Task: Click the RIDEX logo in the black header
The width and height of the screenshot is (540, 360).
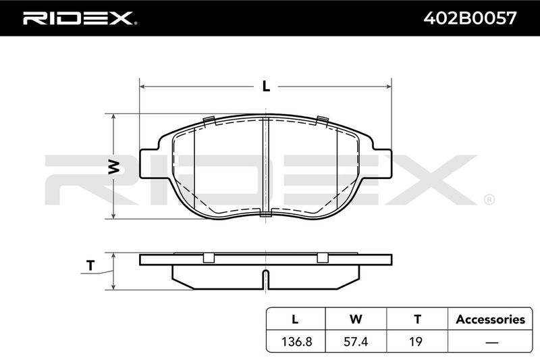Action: click(80, 18)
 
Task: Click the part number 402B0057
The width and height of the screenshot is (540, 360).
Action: click(470, 18)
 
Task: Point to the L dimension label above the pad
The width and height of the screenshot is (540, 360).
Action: click(266, 86)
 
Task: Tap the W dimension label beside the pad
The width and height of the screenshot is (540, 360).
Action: click(114, 167)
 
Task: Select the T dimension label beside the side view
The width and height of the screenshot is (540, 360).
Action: click(90, 265)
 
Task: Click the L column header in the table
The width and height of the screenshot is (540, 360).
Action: click(295, 319)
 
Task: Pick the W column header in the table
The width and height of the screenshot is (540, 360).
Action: click(356, 319)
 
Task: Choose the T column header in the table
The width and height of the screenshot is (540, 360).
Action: click(417, 319)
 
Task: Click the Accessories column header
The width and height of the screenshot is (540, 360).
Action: click(491, 319)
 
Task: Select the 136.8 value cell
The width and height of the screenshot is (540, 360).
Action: click(297, 341)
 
